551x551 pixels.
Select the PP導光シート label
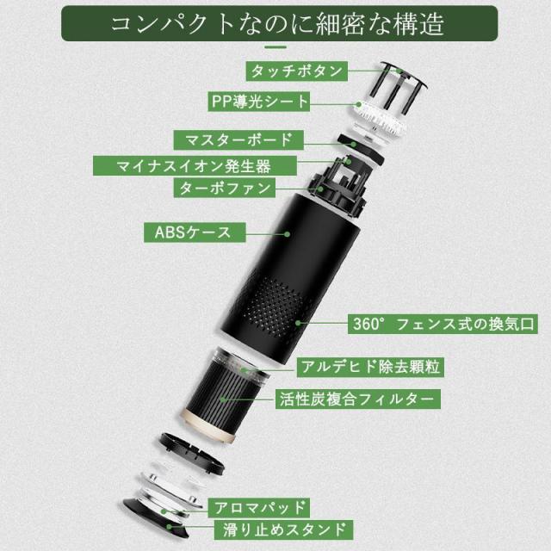tap(257, 101)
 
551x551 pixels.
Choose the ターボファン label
tap(223, 187)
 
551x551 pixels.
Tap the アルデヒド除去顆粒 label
tap(366, 368)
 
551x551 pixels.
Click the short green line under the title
tap(276, 49)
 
